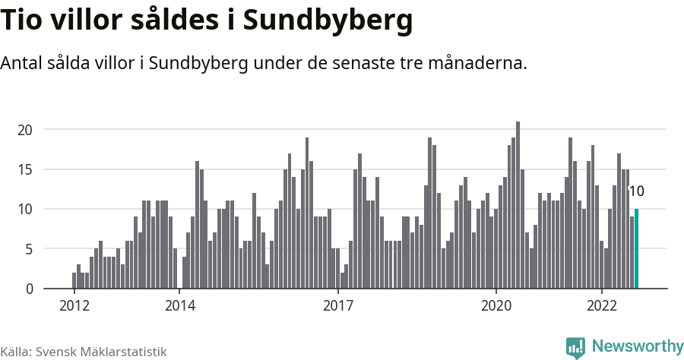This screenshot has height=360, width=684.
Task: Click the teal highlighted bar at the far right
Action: tap(636, 249)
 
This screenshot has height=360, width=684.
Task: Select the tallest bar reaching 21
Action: tap(518, 205)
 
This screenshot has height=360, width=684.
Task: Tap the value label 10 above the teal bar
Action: tap(637, 191)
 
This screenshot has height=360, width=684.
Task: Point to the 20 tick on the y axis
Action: tap(26, 130)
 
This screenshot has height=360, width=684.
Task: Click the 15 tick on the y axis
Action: tap(26, 169)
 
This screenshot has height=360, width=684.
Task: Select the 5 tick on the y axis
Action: tap(29, 249)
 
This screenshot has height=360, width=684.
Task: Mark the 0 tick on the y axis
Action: tap(29, 289)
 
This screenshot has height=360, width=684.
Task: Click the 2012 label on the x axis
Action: tap(74, 306)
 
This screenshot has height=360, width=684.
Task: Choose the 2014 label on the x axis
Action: tap(179, 306)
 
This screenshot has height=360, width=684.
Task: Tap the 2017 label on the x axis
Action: tap(338, 306)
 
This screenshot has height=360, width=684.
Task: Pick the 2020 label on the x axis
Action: tap(496, 306)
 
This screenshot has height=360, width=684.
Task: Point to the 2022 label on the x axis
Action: tap(602, 306)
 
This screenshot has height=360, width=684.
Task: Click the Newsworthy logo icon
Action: tap(576, 348)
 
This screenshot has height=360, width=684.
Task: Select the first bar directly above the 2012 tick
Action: tap(74, 280)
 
